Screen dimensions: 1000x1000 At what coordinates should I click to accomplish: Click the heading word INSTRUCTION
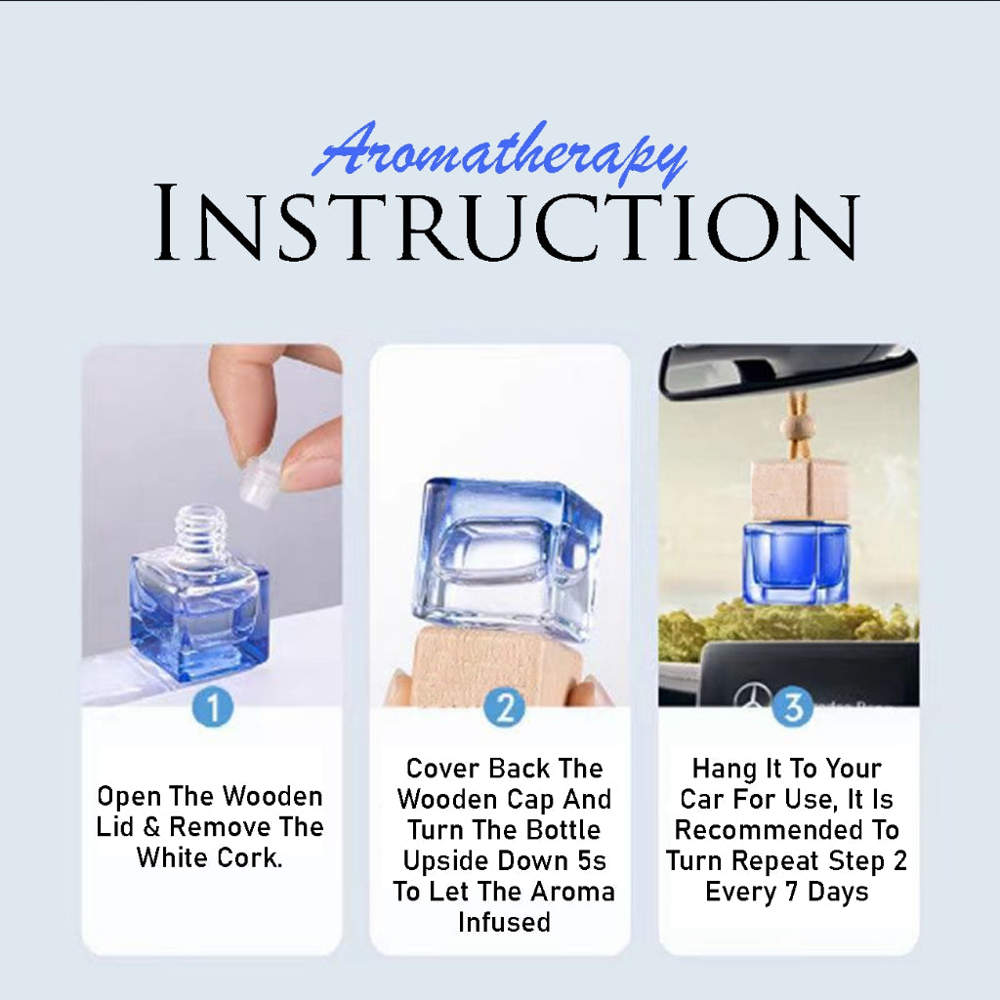pyautogui.click(x=507, y=224)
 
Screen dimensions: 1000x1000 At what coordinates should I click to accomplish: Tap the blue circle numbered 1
pyautogui.click(x=212, y=707)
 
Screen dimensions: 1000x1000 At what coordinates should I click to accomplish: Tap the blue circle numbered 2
pyautogui.click(x=504, y=707)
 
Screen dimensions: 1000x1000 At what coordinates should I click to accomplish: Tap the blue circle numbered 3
pyautogui.click(x=793, y=707)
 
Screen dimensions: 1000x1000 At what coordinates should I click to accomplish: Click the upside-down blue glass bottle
pyautogui.click(x=507, y=558)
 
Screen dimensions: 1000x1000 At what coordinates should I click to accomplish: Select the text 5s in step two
pyautogui.click(x=592, y=861)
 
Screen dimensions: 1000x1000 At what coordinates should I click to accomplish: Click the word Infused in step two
pyautogui.click(x=505, y=922)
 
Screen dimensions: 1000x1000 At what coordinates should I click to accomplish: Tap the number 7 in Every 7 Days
pyautogui.click(x=791, y=892)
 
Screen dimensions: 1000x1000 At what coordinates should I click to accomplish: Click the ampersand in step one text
pyautogui.click(x=151, y=827)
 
